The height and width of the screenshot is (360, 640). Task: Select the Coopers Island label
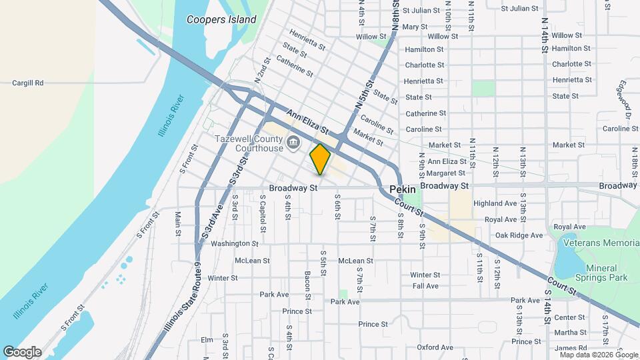click(x=221, y=19)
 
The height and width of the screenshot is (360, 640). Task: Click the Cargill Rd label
click(x=27, y=83)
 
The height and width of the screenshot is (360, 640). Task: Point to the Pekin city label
click(x=403, y=189)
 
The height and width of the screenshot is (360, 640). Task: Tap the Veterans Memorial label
click(x=601, y=243)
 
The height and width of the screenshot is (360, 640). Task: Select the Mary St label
click(x=415, y=27)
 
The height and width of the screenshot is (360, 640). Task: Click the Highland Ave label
click(x=495, y=203)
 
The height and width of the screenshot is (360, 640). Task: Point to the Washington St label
click(x=235, y=244)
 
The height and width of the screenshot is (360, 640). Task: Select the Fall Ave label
click(x=425, y=286)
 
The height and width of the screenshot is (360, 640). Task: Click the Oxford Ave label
click(x=435, y=347)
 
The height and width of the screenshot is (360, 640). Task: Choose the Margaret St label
click(x=447, y=173)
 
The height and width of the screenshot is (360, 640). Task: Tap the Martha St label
click(x=570, y=332)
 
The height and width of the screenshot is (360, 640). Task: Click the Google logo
click(x=22, y=352)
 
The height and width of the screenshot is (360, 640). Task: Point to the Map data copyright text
click(x=595, y=355)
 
